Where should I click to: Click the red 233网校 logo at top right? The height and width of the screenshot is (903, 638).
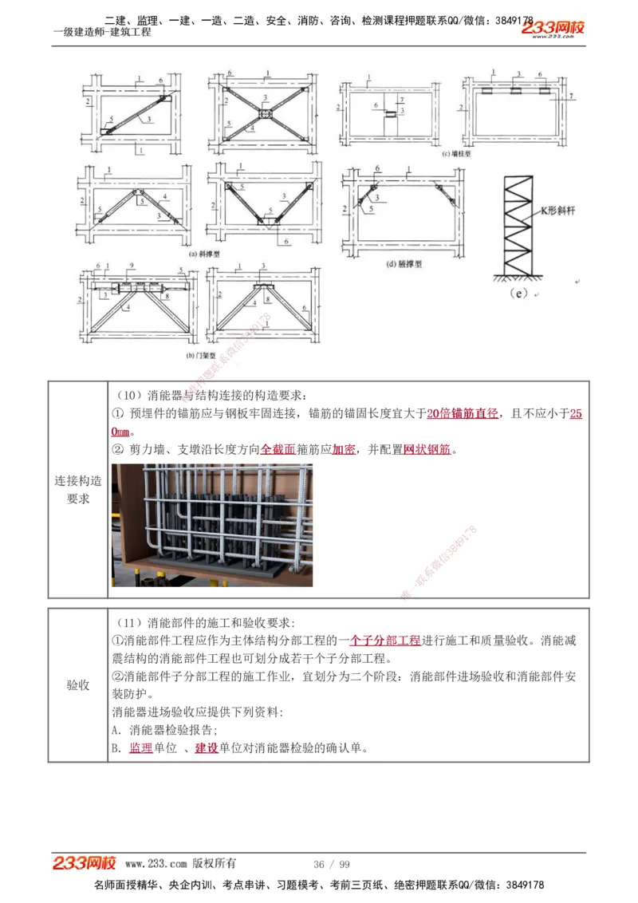click(x=553, y=29)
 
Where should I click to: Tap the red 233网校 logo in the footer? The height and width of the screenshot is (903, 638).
click(x=85, y=863)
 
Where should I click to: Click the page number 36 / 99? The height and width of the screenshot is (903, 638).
click(x=332, y=865)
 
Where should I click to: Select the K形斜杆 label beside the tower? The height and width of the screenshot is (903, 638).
click(x=550, y=211)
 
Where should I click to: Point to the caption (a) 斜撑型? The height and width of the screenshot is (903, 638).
click(x=203, y=254)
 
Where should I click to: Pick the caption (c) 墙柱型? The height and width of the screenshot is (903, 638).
click(x=456, y=155)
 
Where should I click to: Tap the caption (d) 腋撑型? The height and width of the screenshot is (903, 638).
click(x=404, y=262)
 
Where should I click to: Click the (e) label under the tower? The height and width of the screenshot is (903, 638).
click(x=518, y=293)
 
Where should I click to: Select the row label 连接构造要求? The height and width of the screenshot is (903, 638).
click(x=78, y=490)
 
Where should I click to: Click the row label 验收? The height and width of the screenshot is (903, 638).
click(x=78, y=685)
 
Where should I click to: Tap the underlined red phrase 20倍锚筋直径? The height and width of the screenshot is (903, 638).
click(x=463, y=413)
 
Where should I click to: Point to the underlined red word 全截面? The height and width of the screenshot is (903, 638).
click(x=278, y=450)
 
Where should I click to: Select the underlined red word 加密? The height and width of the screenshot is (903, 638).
click(x=344, y=450)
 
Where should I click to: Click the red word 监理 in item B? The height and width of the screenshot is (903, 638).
click(x=140, y=748)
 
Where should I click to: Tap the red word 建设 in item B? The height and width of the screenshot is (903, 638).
click(x=207, y=748)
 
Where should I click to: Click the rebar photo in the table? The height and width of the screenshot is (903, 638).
click(x=212, y=525)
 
